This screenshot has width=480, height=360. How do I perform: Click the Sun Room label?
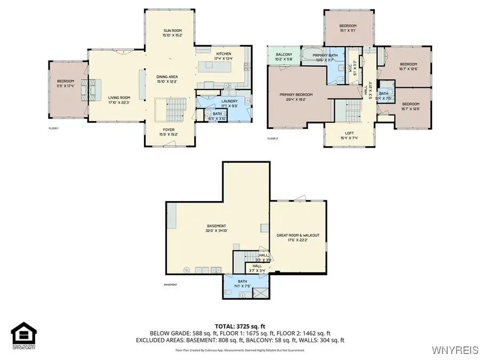click(x=173, y=34)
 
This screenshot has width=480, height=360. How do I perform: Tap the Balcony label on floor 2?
click(x=283, y=57)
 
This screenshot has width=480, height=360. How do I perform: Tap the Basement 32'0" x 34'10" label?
click(x=217, y=228)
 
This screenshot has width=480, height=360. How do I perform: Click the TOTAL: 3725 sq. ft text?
click(x=239, y=325)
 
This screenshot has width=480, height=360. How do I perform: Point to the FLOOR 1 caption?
click(x=53, y=129)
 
